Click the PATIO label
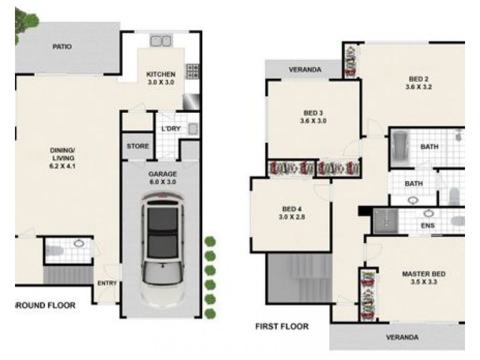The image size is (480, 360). pos(62,46)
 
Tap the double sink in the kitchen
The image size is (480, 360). pos(160,41)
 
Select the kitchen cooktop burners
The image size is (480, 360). pos(193,72)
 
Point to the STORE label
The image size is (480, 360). pos(137,146)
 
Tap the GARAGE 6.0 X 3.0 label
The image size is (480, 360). pos(163,178)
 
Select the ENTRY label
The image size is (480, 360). pos(106,284)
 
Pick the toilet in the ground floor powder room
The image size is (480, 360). pos(55,250)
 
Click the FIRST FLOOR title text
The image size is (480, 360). pos(282,327)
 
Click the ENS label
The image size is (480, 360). pos(428,227)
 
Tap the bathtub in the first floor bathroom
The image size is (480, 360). pos(400,146)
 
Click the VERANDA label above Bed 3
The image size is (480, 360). pos(305,70)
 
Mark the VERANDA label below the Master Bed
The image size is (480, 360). pos(402,338)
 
